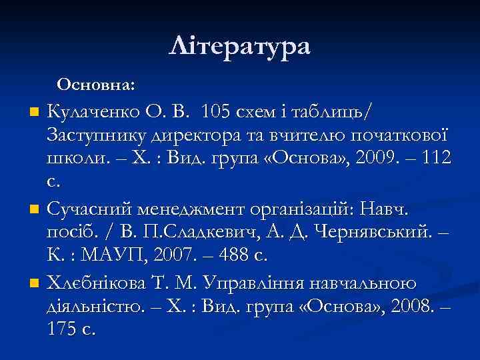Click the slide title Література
[240, 47]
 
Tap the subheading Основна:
[96, 85]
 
